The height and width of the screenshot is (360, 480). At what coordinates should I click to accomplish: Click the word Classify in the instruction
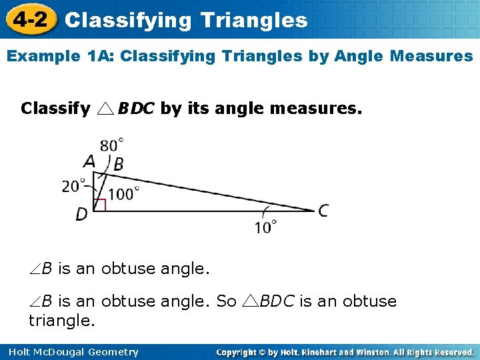[x=56, y=108]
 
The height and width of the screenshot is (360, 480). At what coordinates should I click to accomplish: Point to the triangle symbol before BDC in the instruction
[x=107, y=109]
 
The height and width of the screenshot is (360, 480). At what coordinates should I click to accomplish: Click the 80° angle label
[x=112, y=145]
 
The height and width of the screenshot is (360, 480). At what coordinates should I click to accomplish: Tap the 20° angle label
[x=74, y=186]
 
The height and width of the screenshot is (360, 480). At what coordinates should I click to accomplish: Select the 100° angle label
[x=123, y=194]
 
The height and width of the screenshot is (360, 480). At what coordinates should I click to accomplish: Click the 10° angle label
[x=265, y=227]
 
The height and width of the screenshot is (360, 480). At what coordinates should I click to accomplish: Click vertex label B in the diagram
[x=118, y=165]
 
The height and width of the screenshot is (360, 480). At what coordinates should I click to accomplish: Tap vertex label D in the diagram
[x=81, y=215]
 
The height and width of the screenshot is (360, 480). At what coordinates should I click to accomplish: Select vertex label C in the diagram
[x=323, y=211]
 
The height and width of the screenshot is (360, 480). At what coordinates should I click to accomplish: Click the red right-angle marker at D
[x=99, y=205]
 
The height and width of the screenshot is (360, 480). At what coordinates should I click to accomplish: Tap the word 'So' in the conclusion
[x=227, y=301]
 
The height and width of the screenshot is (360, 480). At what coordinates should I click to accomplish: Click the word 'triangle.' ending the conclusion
[x=62, y=321]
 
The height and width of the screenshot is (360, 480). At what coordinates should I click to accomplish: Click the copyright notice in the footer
[x=345, y=352]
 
